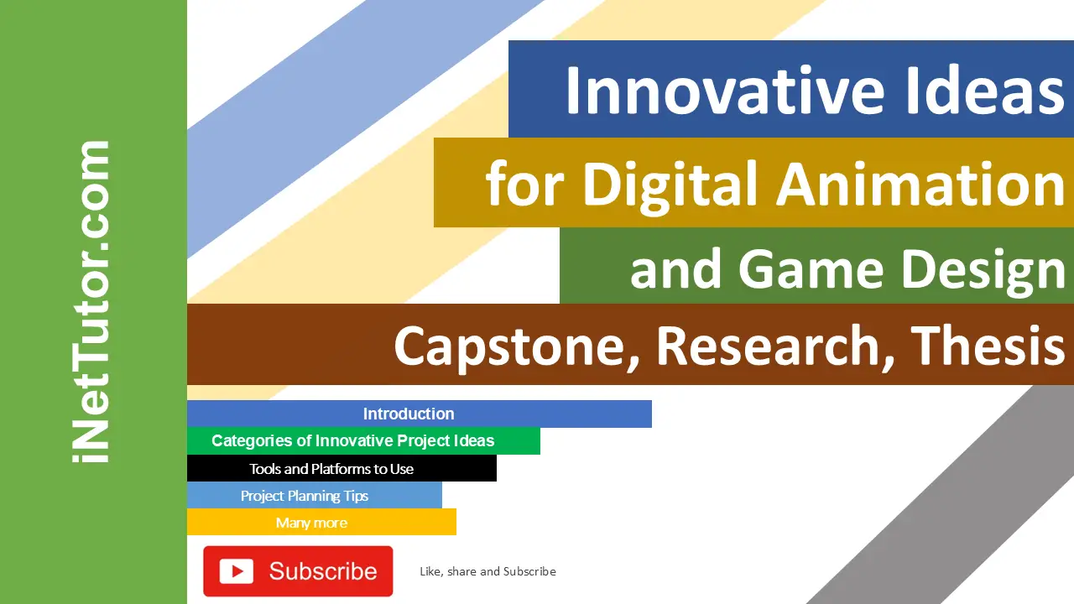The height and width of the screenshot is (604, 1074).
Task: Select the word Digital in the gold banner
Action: tap(670, 185)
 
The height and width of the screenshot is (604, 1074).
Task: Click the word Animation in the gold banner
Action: tap(920, 185)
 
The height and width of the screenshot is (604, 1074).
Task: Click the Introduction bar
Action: tap(409, 414)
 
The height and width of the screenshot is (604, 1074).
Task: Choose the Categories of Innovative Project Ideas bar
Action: tap(353, 440)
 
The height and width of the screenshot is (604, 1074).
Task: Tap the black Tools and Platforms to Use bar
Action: tap(331, 469)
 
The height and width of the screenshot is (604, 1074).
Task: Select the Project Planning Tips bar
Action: tap(305, 496)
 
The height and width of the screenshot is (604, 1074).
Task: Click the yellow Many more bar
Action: tap(311, 523)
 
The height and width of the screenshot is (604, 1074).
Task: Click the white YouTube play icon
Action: tap(237, 571)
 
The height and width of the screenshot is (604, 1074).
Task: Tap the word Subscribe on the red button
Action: tap(323, 571)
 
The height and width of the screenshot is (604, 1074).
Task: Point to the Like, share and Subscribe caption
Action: tap(487, 571)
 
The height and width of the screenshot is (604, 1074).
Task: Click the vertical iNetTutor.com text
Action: tap(91, 302)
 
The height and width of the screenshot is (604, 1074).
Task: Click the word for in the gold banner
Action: tap(525, 185)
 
